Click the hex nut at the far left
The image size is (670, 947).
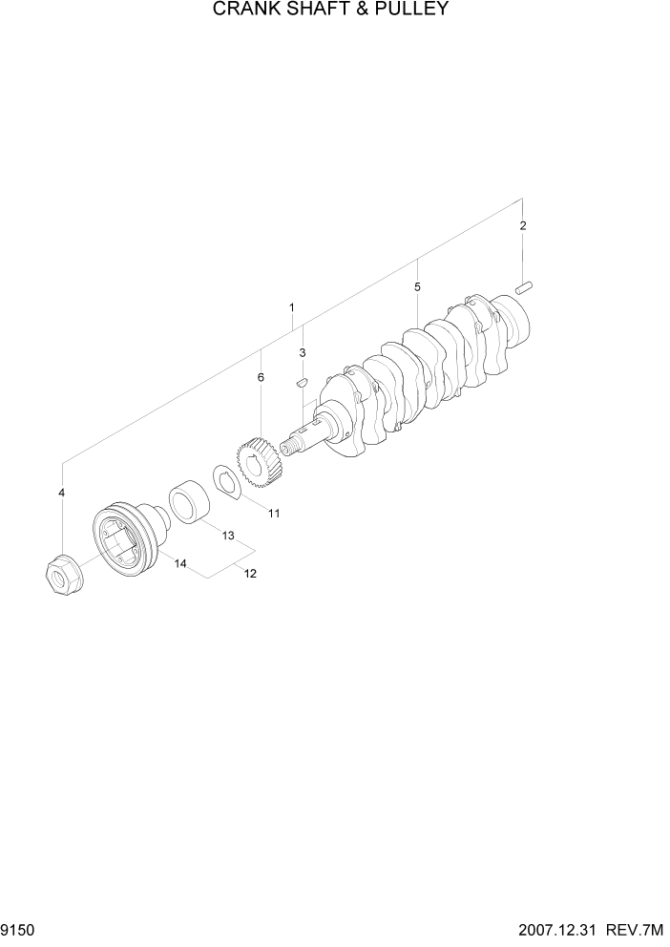(62, 576)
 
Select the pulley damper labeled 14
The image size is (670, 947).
(124, 539)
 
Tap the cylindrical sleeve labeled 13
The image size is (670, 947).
(191, 504)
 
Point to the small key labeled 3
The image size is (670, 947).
(301, 381)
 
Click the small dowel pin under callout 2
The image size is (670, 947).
(523, 285)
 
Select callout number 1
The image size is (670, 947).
(291, 307)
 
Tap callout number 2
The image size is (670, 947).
(522, 226)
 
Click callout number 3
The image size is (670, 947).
(302, 352)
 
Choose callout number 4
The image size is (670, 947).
(62, 493)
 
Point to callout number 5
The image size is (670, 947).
(417, 286)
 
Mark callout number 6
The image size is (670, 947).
(260, 377)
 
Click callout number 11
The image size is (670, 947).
(273, 514)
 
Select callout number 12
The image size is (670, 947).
(250, 574)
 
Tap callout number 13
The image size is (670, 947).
(228, 536)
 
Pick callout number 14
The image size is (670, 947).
(179, 563)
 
